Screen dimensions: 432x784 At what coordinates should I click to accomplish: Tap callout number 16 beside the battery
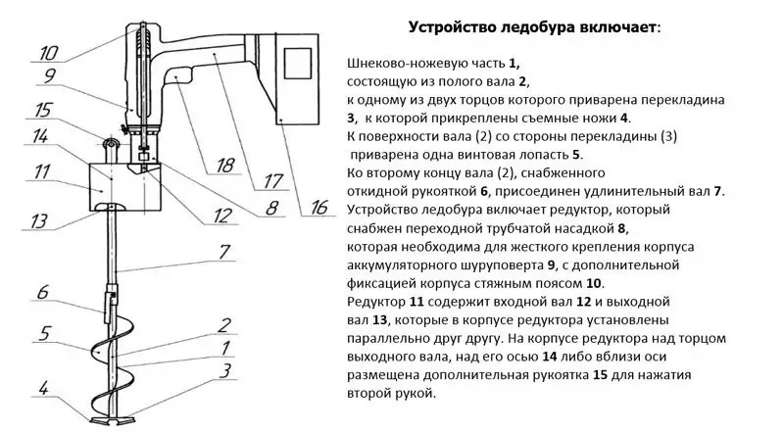319,207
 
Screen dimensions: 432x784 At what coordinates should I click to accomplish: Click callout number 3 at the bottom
224,369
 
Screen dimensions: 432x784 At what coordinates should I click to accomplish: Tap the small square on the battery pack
298,64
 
